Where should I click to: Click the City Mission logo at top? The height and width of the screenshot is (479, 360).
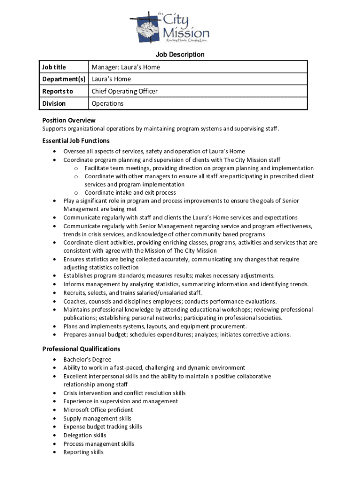coord(169,27)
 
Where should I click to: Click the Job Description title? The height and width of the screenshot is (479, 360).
coord(180,55)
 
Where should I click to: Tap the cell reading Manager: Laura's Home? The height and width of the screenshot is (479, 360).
coord(126,67)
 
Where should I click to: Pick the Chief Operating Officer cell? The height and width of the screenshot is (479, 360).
coord(124,91)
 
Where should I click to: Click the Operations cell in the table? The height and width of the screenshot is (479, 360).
coord(108,103)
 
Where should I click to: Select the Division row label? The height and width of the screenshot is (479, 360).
coord(54,103)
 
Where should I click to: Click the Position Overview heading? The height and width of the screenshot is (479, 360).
coord(69,120)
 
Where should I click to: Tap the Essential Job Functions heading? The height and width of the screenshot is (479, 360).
coord(76,141)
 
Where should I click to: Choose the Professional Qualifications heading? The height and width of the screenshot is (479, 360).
coord(81,349)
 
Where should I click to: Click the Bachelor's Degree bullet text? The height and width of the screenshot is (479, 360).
coord(87,359)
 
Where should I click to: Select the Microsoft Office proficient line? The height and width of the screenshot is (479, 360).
coord(98,410)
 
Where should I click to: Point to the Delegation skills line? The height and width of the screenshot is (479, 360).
coord(85,435)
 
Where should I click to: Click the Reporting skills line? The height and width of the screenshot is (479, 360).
coord(84,452)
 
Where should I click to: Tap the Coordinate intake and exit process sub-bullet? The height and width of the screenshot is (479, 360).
coord(130,193)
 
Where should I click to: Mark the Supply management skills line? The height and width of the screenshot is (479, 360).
coord(97,418)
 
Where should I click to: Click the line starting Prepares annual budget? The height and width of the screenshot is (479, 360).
coord(177,334)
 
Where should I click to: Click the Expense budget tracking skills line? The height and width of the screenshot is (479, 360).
coord(102,427)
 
